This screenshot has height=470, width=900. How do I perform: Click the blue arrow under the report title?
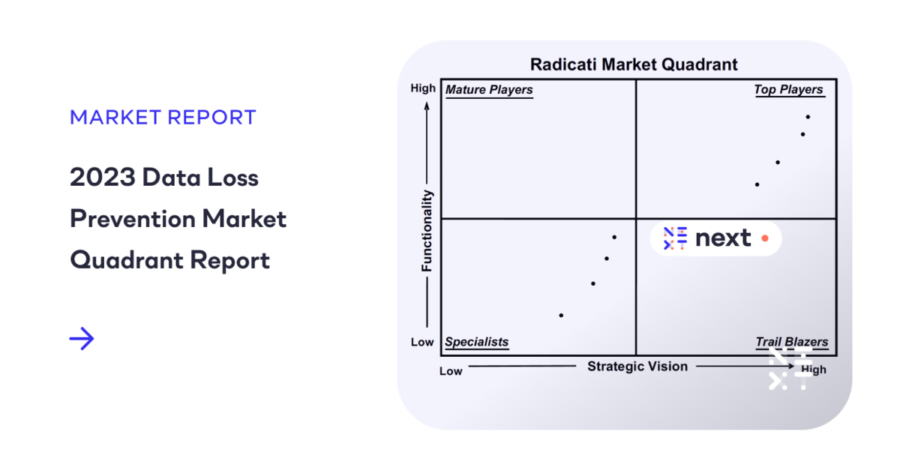(x=82, y=339)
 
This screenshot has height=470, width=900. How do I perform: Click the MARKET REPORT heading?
(x=163, y=117)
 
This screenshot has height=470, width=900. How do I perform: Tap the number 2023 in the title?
(x=103, y=177)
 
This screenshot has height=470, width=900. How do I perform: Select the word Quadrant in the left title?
(x=127, y=260)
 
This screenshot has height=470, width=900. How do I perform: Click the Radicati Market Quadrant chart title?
(x=634, y=64)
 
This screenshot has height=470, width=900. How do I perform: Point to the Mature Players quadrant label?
(x=489, y=90)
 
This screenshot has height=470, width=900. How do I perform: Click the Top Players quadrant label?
(x=788, y=90)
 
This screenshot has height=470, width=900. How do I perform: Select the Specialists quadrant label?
(x=476, y=342)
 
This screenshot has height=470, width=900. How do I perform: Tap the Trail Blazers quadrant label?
(x=792, y=342)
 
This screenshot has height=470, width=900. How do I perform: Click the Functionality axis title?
(x=427, y=231)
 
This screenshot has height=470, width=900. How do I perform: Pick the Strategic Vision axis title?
(x=637, y=367)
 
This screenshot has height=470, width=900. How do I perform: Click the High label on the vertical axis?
(x=423, y=88)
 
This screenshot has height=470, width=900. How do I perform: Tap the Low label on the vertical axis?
(x=422, y=343)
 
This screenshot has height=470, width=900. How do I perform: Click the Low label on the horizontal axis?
(x=451, y=371)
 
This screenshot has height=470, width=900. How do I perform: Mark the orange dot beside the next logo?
(x=765, y=238)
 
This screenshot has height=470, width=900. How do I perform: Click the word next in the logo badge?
(x=723, y=238)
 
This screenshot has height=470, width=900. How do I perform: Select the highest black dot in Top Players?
(x=808, y=117)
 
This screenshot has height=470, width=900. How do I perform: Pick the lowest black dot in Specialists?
(x=561, y=316)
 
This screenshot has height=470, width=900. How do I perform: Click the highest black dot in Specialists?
(x=614, y=238)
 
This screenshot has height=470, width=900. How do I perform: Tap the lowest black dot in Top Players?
(x=757, y=185)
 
